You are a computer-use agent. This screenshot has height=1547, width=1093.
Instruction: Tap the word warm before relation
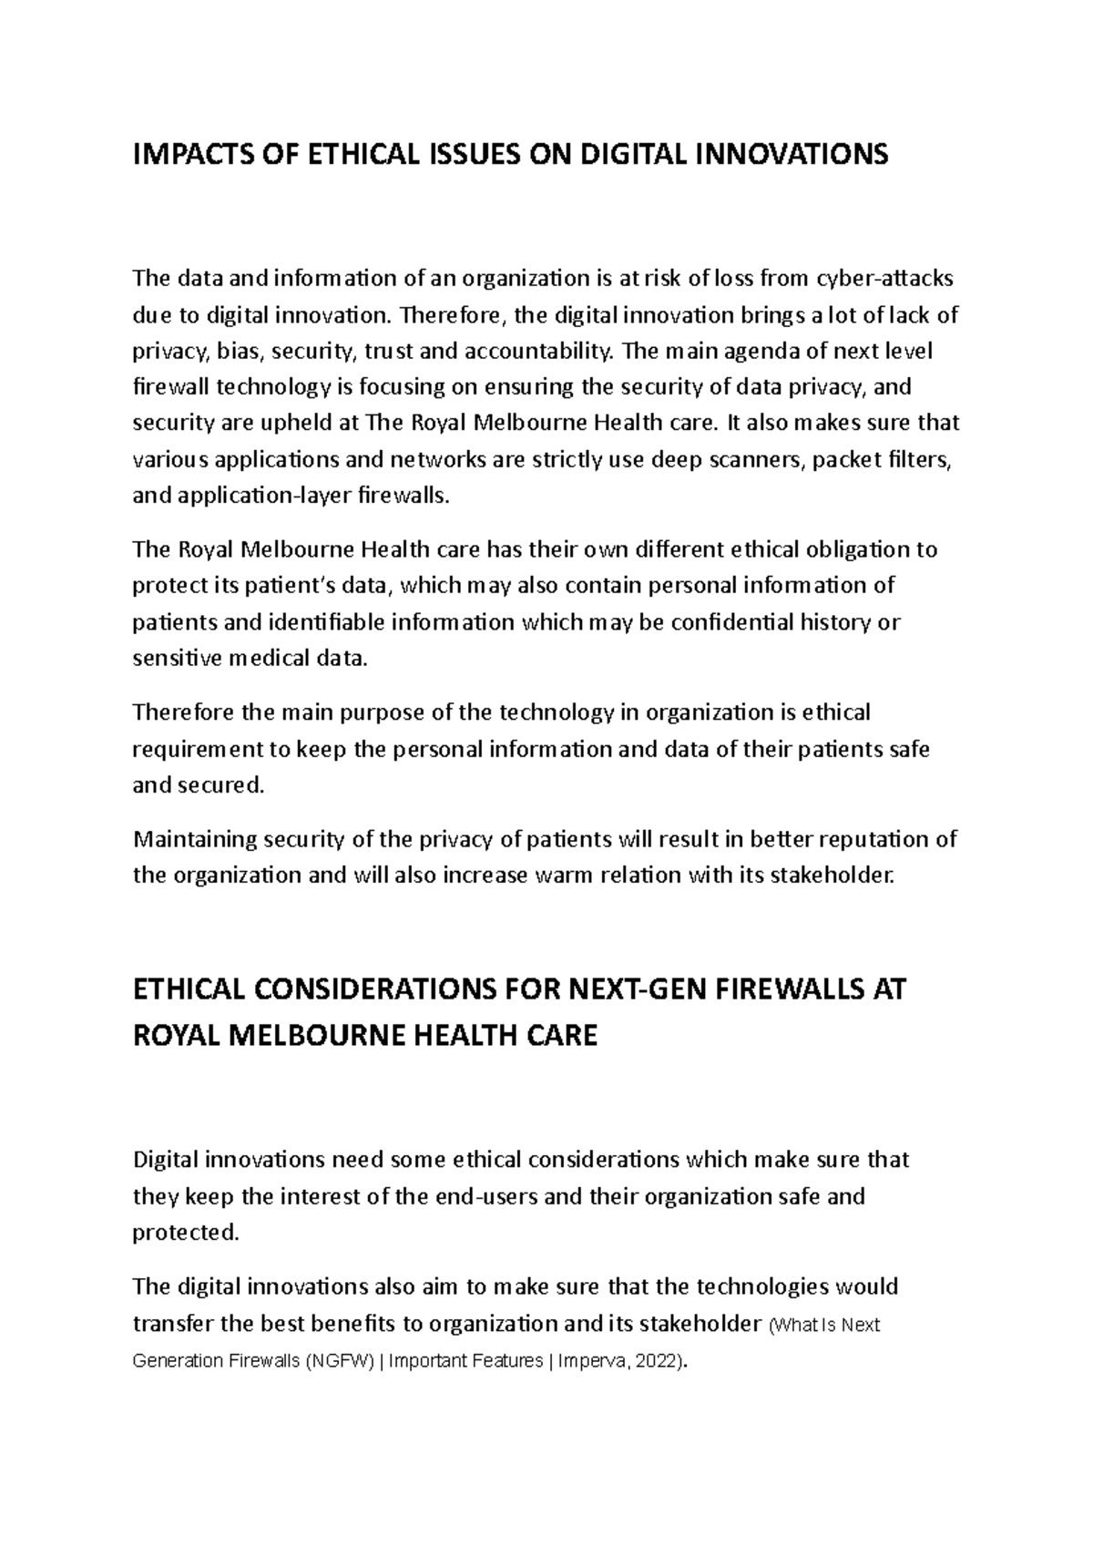(x=566, y=875)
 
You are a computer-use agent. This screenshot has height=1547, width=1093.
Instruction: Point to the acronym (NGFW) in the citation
(x=342, y=1361)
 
